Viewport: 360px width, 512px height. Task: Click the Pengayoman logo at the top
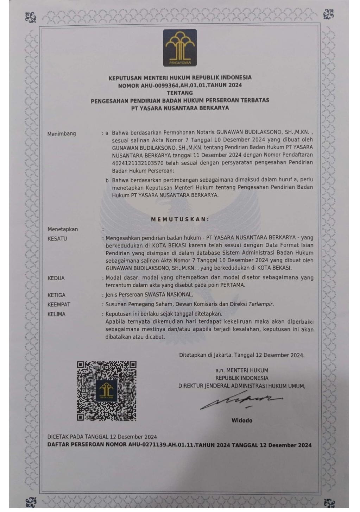pos(179,48)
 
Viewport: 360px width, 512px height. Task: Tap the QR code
pos(107,391)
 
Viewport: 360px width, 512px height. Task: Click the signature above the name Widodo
pos(241,400)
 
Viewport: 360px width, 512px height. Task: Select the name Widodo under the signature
pos(242,420)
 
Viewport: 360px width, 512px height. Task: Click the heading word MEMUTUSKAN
pos(180,219)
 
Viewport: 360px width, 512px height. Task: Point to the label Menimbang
pos(62,134)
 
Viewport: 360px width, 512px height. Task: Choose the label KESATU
pos(57,239)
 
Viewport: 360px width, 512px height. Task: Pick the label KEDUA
pos(56,278)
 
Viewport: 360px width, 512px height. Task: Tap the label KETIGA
pos(56,295)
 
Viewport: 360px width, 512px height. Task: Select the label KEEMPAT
pos(59,305)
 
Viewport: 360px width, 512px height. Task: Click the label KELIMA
pos(56,314)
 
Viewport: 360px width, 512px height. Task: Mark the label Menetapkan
pos(63,229)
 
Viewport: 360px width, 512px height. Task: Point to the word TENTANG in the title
pos(179,93)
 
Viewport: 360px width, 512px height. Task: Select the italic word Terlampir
pos(261,304)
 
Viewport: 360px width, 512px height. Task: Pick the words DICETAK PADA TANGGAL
pos(78,437)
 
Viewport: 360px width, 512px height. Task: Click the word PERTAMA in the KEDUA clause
pos(233,285)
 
